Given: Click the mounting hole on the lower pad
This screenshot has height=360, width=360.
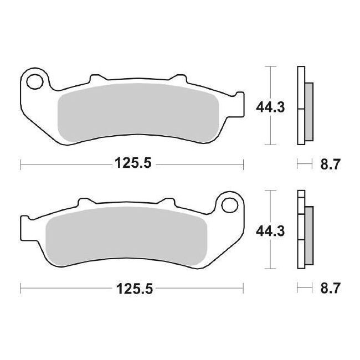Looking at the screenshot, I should [228, 206].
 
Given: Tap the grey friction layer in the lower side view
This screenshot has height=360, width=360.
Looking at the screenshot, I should [308, 233].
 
